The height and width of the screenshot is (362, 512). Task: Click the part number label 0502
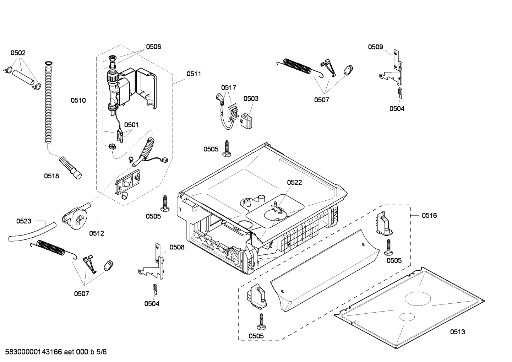pyautogui.click(x=18, y=53)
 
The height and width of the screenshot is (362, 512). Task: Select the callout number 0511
pyautogui.click(x=194, y=74)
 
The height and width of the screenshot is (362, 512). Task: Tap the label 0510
pyautogui.click(x=78, y=101)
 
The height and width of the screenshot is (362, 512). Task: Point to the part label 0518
pyautogui.click(x=51, y=176)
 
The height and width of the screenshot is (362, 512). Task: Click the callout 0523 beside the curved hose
pyautogui.click(x=24, y=221)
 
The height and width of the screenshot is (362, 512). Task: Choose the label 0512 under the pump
pyautogui.click(x=97, y=233)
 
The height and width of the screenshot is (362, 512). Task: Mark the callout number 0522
pyautogui.click(x=294, y=182)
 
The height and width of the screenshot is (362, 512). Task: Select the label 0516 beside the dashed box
pyautogui.click(x=429, y=215)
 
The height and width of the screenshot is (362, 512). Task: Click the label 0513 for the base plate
pyautogui.click(x=457, y=332)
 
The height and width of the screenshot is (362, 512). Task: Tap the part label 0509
pyautogui.click(x=375, y=47)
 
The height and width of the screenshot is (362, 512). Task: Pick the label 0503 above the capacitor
pyautogui.click(x=251, y=98)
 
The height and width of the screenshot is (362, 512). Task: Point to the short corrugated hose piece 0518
pyautogui.click(x=70, y=167)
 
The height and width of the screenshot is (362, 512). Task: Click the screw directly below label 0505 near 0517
pyautogui.click(x=227, y=148)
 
